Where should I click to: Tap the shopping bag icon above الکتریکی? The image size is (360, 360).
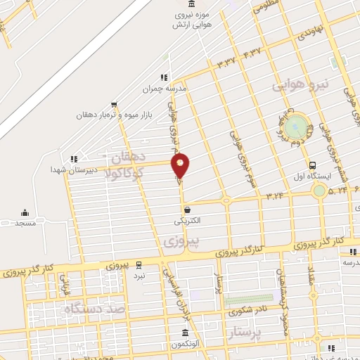[x=187, y=209]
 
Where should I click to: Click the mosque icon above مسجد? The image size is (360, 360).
[x=25, y=213]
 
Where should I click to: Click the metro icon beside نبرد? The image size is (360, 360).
[x=139, y=265]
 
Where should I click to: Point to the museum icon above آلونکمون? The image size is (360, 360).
[x=185, y=332]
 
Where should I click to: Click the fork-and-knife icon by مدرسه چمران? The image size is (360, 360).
[x=164, y=77]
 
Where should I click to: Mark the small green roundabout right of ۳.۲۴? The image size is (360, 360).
[x=319, y=190]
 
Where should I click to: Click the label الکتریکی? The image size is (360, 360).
[x=188, y=220]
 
